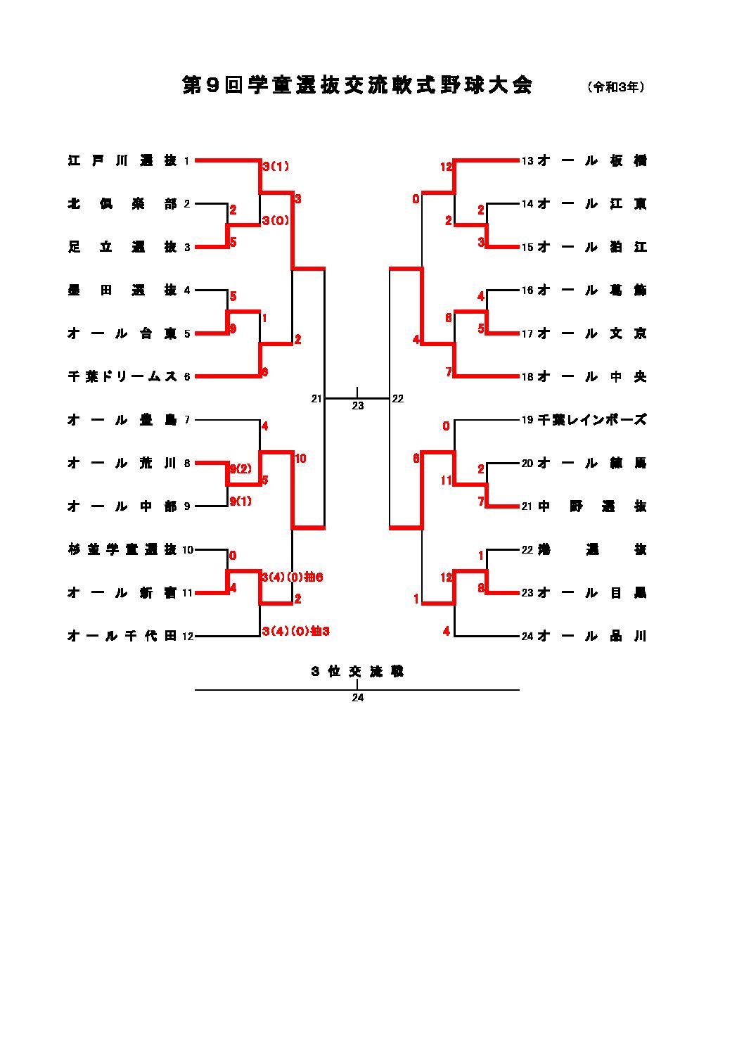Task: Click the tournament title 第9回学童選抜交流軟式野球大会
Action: pos(357,86)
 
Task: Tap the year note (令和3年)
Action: pos(615,87)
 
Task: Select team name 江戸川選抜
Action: pos(122,161)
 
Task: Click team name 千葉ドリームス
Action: pos(122,377)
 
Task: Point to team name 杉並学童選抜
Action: pos(122,550)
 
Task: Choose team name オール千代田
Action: pos(122,637)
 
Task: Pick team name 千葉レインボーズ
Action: pos(591,420)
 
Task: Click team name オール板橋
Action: pos(591,161)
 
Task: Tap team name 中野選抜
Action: pos(591,506)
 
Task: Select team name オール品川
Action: pos(591,637)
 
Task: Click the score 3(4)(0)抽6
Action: pos(292,577)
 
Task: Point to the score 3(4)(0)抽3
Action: pos(295,632)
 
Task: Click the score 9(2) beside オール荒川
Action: pos(240,469)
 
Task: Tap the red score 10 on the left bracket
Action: pos(300,459)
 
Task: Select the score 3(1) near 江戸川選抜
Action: pos(276,167)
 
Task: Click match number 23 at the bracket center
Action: pos(358,406)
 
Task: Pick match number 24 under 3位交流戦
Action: pos(358,698)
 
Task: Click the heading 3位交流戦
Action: pos(357,672)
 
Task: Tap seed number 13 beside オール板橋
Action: pos(527,161)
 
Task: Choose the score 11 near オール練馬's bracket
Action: pos(447,480)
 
